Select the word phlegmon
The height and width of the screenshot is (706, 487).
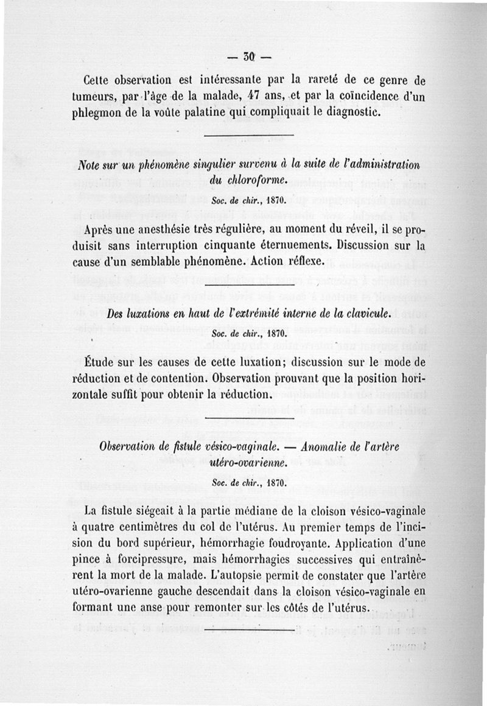(x=107, y=113)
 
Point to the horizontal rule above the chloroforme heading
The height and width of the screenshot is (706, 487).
(x=247, y=135)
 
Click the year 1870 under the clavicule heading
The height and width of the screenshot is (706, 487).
(x=273, y=334)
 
